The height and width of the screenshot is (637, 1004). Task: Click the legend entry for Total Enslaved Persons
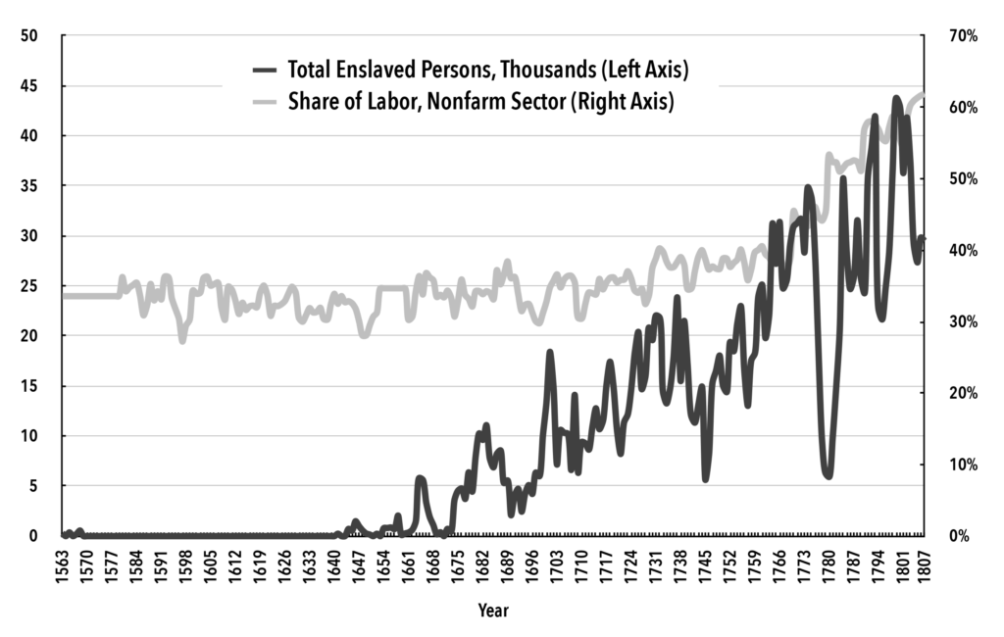pos(486,70)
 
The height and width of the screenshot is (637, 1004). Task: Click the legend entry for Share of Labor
pos(480,102)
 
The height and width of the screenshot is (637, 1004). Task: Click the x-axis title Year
pos(493,611)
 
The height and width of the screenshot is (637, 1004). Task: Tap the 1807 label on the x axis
pos(923,563)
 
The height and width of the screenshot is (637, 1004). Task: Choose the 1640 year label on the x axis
pos(337,563)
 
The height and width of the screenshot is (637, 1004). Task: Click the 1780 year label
pos(828,563)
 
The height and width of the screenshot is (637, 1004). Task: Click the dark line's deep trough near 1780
pos(828,475)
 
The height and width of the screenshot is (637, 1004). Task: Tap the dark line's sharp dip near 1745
pos(705,478)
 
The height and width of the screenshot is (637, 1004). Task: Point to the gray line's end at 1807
pos(922,95)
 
